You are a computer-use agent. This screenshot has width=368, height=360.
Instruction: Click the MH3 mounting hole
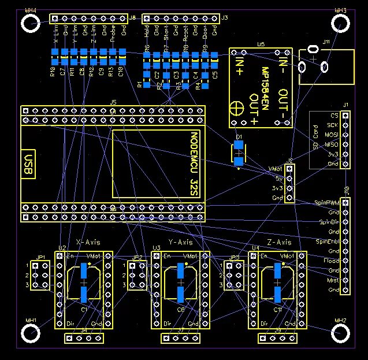341,23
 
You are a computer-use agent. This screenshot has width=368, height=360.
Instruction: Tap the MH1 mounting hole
29,334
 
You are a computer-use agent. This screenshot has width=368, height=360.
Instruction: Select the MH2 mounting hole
341,334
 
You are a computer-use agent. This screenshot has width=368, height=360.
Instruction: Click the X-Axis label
89,242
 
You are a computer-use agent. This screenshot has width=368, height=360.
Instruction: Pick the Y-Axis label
180,242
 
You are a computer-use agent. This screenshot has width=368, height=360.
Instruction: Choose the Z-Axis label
279,242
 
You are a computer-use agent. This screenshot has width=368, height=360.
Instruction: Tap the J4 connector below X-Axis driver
84,338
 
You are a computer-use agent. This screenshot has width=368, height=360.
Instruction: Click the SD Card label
315,139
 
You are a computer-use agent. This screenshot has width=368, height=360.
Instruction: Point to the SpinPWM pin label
326,203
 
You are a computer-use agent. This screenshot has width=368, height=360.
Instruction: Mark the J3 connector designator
225,18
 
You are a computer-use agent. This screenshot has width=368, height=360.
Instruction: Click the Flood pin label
332,261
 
